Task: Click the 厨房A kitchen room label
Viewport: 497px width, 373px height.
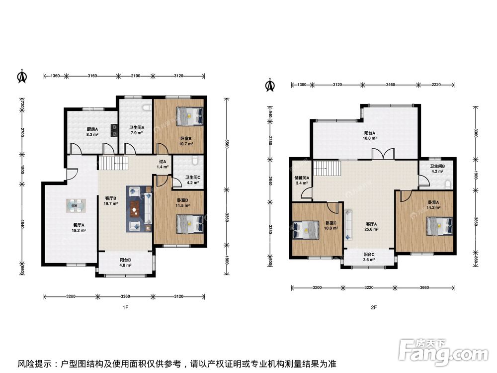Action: [x=92, y=129]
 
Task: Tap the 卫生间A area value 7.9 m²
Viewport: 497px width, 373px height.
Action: [x=137, y=133]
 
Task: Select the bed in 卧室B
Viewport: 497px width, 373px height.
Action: [x=189, y=116]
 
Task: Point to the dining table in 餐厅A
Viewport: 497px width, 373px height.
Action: [x=76, y=205]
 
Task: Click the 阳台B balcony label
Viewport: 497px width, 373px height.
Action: [x=125, y=260]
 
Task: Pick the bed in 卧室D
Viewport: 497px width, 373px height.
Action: [x=189, y=224]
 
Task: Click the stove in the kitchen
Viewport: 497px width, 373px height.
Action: [x=114, y=130]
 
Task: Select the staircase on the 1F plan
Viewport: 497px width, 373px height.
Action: [x=113, y=163]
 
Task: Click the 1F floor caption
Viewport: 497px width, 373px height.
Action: [x=125, y=307]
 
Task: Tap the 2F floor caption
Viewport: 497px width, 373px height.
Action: [x=374, y=307]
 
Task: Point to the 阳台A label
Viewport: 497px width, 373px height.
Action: [x=370, y=133]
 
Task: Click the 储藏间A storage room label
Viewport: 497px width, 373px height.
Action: [x=302, y=178]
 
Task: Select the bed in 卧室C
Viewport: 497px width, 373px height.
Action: [x=306, y=230]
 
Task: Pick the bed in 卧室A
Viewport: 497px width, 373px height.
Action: [x=440, y=226]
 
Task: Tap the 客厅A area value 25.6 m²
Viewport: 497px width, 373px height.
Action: [x=371, y=229]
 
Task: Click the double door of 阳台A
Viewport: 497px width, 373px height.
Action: [x=383, y=153]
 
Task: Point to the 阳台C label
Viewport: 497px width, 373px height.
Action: [x=369, y=254]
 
